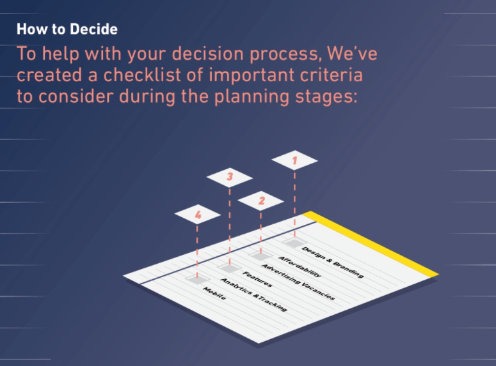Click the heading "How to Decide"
coord(67,29)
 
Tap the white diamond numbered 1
coord(294,160)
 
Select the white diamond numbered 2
coord(260,201)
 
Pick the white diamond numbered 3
coord(230,178)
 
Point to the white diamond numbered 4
coord(197,215)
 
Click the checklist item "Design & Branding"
coord(332,262)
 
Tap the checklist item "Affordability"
coord(300,267)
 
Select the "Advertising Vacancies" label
coord(298,282)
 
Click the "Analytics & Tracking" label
coord(253,294)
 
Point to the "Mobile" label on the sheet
coord(214,293)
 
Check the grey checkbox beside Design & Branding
coord(294,243)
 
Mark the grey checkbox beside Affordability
coord(260,255)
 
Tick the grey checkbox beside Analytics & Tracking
coord(197,279)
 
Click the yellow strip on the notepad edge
coord(371,243)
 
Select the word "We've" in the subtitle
coord(352,53)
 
